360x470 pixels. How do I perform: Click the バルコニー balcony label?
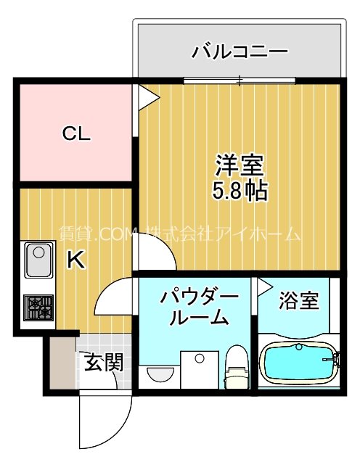(240, 52)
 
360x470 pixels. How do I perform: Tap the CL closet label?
(75, 133)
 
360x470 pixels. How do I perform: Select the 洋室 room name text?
(238, 165)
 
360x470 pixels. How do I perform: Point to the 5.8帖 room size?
(238, 191)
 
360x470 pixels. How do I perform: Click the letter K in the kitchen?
(75, 260)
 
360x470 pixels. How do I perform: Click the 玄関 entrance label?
(102, 360)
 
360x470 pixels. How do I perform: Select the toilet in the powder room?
(237, 368)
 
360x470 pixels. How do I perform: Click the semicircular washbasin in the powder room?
(160, 374)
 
